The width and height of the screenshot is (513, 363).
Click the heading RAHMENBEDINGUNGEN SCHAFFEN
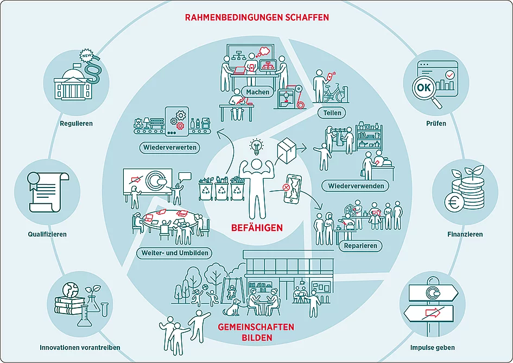[x=257, y=17]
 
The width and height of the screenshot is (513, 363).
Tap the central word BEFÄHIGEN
[x=256, y=228]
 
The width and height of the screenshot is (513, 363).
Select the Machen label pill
[x=257, y=92]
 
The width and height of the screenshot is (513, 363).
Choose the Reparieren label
[x=360, y=246]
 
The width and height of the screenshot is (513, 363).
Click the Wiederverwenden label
[x=356, y=186]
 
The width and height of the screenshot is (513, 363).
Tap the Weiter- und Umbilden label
[x=174, y=253]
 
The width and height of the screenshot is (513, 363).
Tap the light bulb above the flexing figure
[x=256, y=146]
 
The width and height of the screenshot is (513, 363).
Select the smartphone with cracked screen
[x=292, y=189]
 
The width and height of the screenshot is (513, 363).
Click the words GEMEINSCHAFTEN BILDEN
[x=255, y=332]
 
